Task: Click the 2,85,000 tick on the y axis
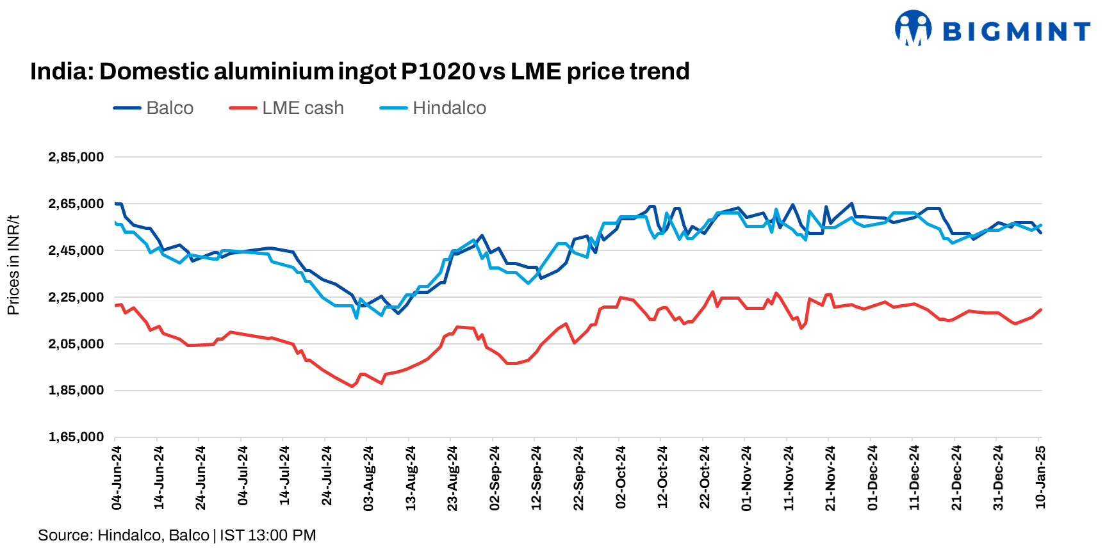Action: [x=76, y=158]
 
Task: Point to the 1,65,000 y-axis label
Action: [x=76, y=437]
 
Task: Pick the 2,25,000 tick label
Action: [x=76, y=297]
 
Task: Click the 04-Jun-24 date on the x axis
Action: [x=117, y=478]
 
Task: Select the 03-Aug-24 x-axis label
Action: [x=368, y=478]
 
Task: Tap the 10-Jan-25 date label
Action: [x=1040, y=478]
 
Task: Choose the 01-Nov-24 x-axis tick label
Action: [x=746, y=478]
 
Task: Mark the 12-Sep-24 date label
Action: [x=536, y=478]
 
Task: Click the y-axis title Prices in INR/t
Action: [x=13, y=265]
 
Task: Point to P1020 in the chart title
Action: [x=438, y=71]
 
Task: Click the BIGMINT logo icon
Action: [x=913, y=28]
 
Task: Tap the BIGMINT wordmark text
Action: [x=1016, y=31]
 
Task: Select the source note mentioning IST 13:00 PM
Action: [x=177, y=535]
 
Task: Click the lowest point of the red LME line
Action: [x=352, y=386]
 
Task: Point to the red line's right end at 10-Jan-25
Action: [x=1041, y=310]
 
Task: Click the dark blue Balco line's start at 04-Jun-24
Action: [x=116, y=204]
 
